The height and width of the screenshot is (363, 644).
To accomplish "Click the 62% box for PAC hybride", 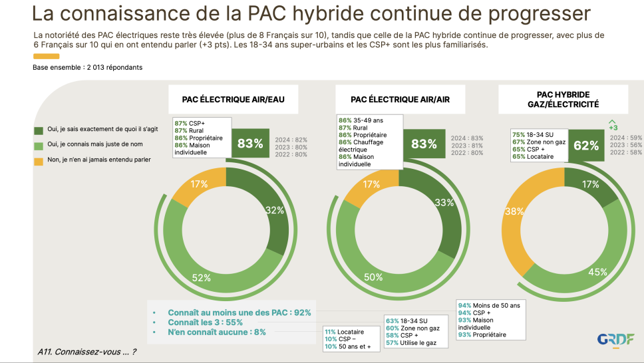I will tap(585, 145).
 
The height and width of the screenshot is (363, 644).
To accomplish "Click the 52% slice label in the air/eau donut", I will tap(202, 278).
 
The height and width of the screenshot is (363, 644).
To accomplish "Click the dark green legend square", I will tap(38, 130).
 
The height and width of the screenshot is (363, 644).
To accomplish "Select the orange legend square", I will tap(38, 160).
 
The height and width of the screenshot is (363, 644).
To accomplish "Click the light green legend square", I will tap(38, 145).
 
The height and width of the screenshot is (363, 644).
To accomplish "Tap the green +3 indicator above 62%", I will tap(613, 124).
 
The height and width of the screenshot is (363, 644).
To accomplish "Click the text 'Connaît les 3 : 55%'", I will tap(205, 322).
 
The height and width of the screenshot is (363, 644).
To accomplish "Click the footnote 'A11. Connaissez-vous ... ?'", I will tap(86, 352).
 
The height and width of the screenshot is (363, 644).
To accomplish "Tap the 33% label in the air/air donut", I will tap(444, 202).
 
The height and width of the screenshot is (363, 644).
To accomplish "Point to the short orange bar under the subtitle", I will tap(46, 57).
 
